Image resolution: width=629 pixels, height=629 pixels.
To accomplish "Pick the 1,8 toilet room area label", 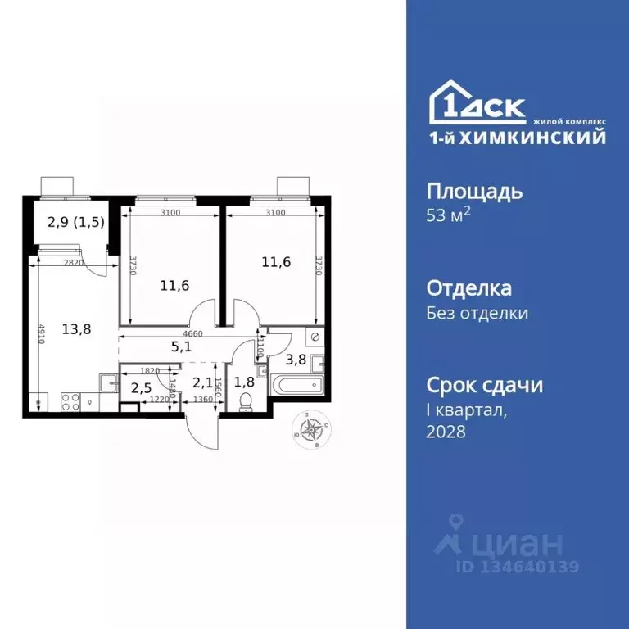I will coord(243,382).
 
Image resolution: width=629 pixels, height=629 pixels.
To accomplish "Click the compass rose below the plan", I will coord(312,430).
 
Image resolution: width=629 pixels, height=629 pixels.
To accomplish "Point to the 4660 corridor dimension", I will coord(192,334).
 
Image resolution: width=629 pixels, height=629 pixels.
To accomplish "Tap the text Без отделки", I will coord(477,313).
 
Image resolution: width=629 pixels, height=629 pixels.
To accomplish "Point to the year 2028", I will coord(446,432).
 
